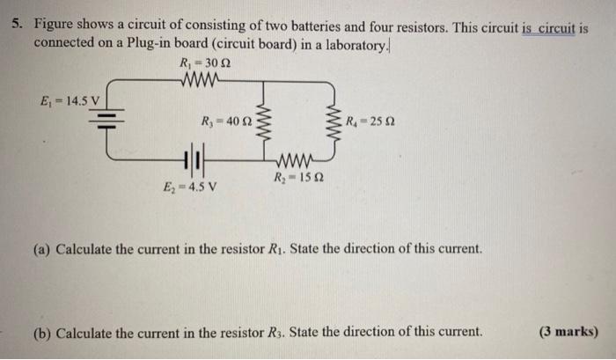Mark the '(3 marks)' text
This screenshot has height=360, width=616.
[567, 332]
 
